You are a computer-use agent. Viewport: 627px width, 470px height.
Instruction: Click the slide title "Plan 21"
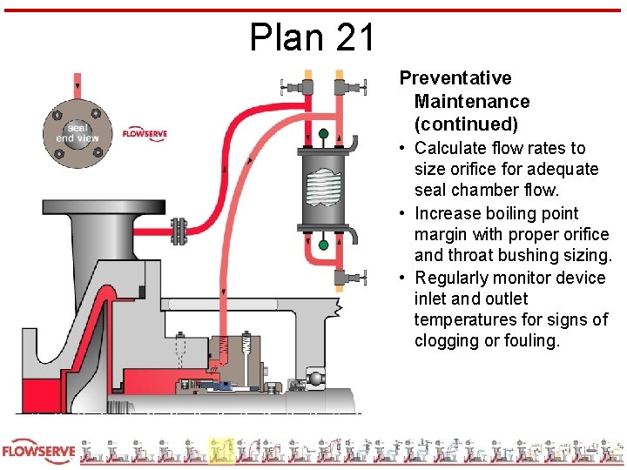(313, 37)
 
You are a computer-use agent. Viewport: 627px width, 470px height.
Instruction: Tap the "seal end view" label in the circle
(78, 132)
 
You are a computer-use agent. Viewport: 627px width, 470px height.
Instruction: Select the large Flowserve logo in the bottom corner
(39, 451)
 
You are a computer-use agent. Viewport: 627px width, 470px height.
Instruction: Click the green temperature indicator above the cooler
(324, 134)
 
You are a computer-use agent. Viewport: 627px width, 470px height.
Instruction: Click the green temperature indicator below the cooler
(324, 245)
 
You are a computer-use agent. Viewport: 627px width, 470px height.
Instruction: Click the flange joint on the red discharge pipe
(180, 231)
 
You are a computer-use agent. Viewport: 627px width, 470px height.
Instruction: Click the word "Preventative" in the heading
(455, 78)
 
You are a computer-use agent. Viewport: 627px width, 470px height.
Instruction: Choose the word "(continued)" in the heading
(466, 124)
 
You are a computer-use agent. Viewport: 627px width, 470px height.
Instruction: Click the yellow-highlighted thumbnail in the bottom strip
(221, 451)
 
